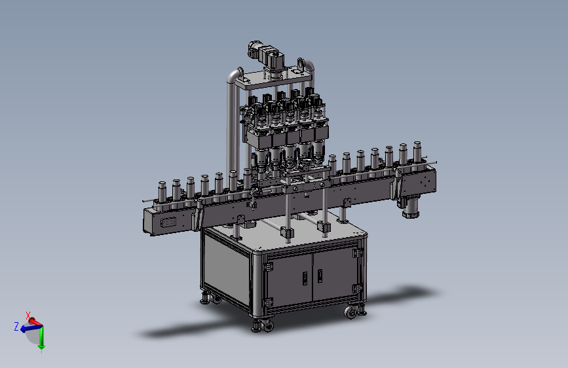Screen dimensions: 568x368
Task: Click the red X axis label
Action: (x=28, y=315)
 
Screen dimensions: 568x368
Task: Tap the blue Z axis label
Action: (x=16, y=326)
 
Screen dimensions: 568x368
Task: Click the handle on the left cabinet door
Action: (x=305, y=278)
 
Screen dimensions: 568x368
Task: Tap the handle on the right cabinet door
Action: (x=320, y=276)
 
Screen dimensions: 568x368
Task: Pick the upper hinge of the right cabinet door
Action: (x=358, y=253)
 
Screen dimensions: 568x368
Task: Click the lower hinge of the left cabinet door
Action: (x=268, y=302)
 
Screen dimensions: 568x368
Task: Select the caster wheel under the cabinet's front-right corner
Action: (x=350, y=312)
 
